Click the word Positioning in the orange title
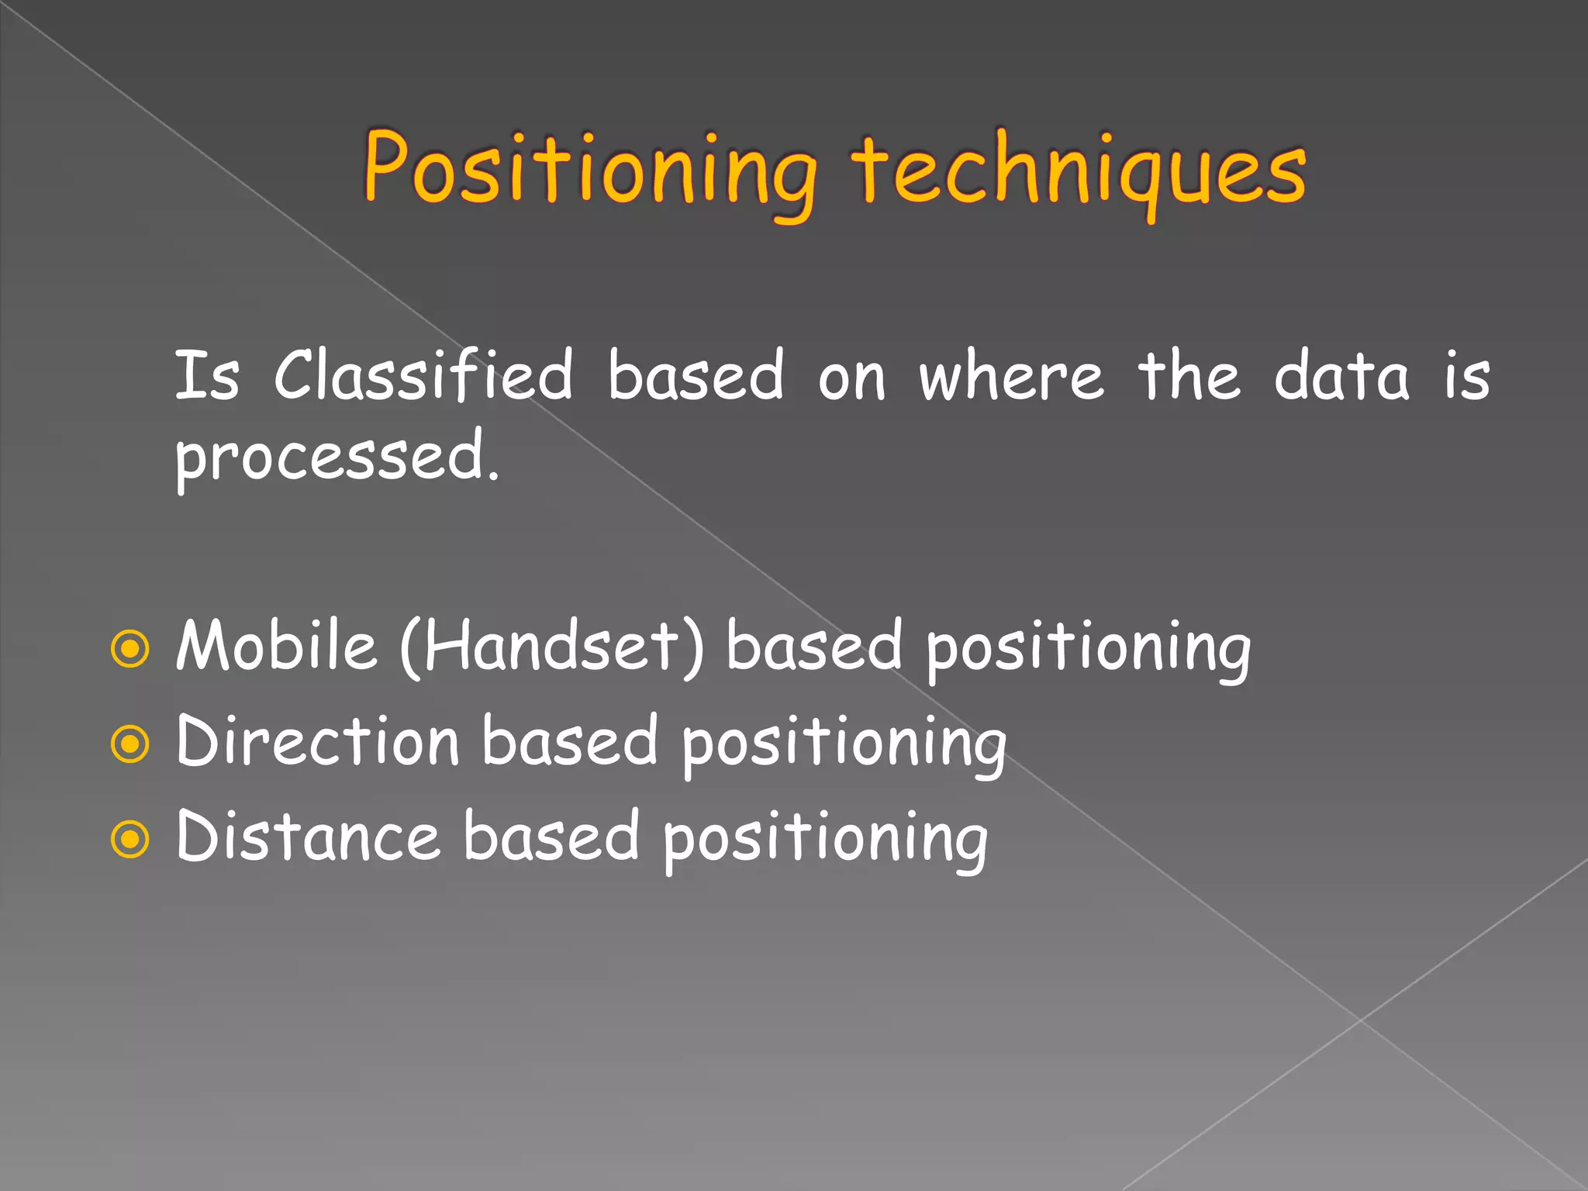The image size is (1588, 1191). coord(589,171)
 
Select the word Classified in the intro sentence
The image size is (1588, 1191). coord(423,375)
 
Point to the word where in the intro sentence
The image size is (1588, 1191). coord(1011,377)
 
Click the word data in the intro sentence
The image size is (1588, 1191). coord(1341,375)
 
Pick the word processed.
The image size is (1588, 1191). coord(337,457)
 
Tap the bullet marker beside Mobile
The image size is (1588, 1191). coord(129,649)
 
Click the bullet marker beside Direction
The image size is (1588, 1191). coord(129,744)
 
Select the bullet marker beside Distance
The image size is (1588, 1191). coord(129,839)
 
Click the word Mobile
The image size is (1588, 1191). coord(276,645)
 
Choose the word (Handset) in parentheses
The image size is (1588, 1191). coord(552,647)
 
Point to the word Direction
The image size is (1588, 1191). coord(318,741)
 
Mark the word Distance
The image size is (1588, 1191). coord(309,837)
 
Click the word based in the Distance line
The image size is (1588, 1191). coord(551,836)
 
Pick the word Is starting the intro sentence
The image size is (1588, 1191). coord(206,375)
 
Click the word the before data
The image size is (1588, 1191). coord(1189,375)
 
